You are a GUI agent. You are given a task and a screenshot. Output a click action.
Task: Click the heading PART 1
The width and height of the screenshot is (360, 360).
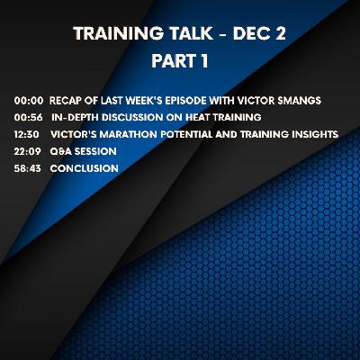180,65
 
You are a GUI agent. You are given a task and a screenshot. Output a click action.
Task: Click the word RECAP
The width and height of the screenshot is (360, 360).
65,102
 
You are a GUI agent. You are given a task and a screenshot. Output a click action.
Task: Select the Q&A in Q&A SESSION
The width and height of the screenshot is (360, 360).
60,151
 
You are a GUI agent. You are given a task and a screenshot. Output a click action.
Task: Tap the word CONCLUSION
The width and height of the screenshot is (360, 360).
84,167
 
